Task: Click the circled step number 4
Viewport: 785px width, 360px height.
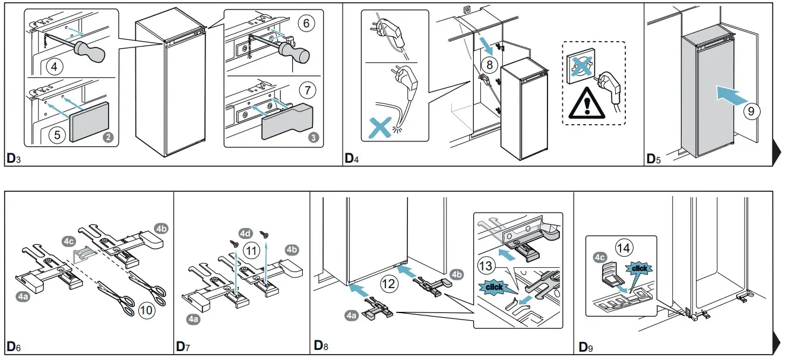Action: tap(54, 67)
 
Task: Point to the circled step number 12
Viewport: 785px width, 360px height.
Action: tap(389, 284)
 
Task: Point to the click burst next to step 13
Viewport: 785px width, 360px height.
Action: tap(494, 287)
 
